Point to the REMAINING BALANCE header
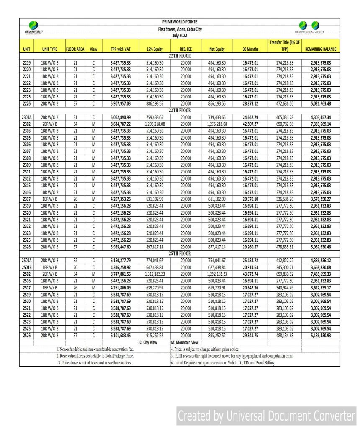tap(321, 49)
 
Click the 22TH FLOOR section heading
tap(180, 55)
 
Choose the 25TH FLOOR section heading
tap(180, 253)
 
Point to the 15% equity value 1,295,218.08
tap(155, 124)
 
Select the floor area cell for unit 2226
tap(75, 103)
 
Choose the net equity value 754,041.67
tap(216, 260)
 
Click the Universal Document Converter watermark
tap(266, 416)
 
